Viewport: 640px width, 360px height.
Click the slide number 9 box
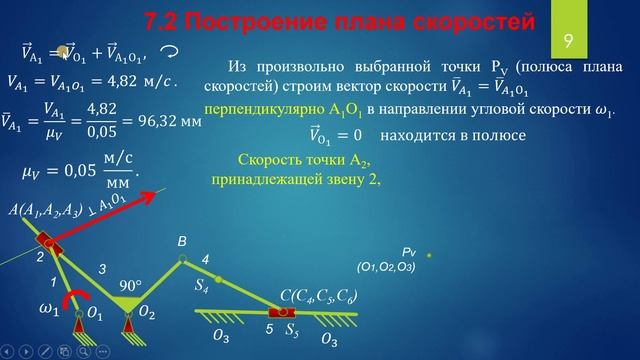[567, 41]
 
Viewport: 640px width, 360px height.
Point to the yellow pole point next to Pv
[429, 255]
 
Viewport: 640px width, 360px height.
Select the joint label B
[182, 242]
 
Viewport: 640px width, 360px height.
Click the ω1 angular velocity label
[48, 310]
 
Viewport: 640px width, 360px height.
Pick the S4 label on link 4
[202, 287]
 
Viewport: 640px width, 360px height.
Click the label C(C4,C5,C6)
[318, 296]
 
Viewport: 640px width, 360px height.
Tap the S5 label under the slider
[292, 327]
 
